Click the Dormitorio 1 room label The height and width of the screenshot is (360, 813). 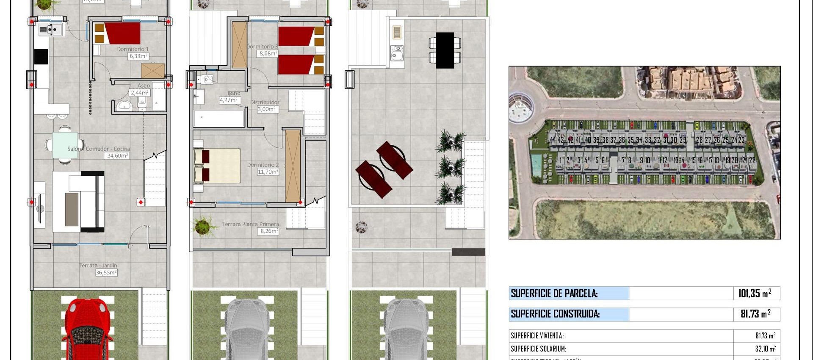pyautogui.click(x=133, y=49)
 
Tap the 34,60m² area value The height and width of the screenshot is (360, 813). pyautogui.click(x=117, y=156)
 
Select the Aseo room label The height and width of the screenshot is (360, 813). pyautogui.click(x=144, y=86)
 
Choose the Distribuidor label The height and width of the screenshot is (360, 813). pyautogui.click(x=265, y=102)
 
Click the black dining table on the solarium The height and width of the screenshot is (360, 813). pyautogui.click(x=445, y=50)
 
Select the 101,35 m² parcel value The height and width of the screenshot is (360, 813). pyautogui.click(x=755, y=294)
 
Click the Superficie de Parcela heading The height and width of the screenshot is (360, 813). pyautogui.click(x=554, y=294)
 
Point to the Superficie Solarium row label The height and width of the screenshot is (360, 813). pyautogui.click(x=538, y=349)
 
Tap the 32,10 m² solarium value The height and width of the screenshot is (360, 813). pyautogui.click(x=765, y=349)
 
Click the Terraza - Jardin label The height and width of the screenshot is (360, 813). pyautogui.click(x=98, y=266)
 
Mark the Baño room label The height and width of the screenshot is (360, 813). pyautogui.click(x=234, y=93)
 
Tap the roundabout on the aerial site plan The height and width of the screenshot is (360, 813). pyautogui.click(x=521, y=108)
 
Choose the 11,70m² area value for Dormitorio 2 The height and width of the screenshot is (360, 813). pyautogui.click(x=268, y=172)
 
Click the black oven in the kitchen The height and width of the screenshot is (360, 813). pyautogui.click(x=41, y=56)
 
